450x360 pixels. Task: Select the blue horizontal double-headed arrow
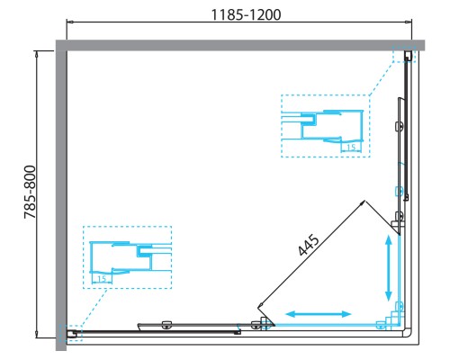[x=319, y=314]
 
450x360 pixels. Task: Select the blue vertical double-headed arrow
[x=388, y=268]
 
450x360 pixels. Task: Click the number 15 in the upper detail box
[x=347, y=147]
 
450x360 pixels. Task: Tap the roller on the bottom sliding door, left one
[x=166, y=325]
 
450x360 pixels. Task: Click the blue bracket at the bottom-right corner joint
[x=389, y=319]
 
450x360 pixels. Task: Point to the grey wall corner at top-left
[x=61, y=45]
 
